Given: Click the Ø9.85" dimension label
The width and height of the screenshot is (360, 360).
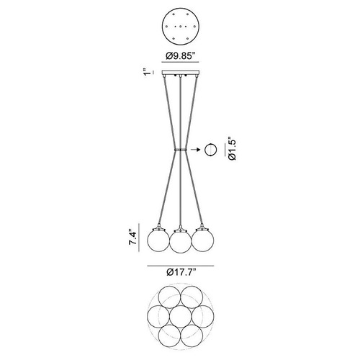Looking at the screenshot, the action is (180, 56).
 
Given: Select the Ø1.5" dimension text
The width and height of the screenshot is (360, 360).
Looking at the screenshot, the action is (232, 148).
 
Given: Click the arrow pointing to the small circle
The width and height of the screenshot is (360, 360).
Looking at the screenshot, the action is (196, 150).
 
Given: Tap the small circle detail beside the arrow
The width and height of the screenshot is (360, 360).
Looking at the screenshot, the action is (210, 150).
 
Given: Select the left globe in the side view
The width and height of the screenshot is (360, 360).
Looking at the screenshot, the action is (158, 240).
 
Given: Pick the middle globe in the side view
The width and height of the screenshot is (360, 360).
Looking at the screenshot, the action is (181, 242).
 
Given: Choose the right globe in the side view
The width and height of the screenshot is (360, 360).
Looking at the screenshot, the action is (202, 240).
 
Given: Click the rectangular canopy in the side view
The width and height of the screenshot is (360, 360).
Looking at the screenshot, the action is (181, 72).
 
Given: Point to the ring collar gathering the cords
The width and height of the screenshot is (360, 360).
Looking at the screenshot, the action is (181, 150).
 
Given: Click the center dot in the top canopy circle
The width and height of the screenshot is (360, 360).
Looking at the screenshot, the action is (181, 27).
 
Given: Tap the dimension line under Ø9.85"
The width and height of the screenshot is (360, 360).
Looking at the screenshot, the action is (181, 62).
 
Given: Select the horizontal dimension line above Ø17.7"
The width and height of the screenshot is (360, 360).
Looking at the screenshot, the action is (181, 266).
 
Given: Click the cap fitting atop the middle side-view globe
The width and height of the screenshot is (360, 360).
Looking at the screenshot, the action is (181, 229).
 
